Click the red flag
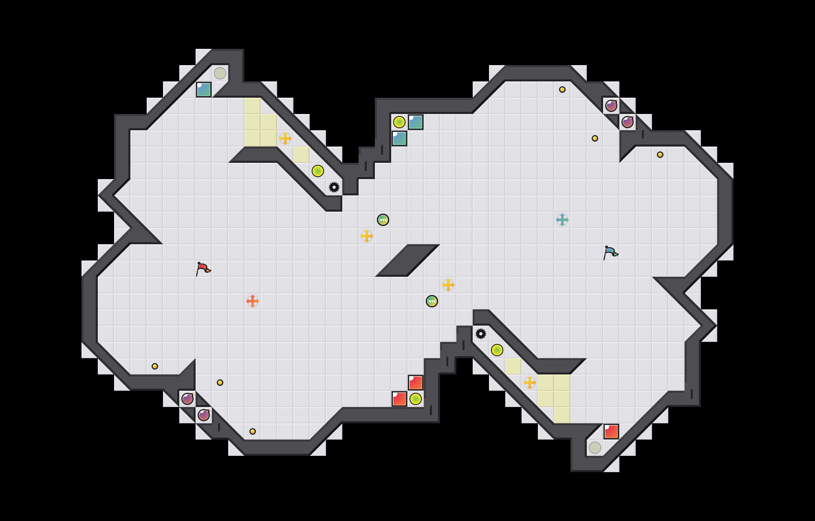(x=203, y=269)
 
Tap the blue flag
(x=610, y=252)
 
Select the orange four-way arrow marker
(x=253, y=301)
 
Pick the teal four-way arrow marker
(x=562, y=220)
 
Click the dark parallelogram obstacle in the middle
(x=407, y=260)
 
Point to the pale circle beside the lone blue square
(x=220, y=73)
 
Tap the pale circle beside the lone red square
(x=595, y=448)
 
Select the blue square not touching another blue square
(x=204, y=90)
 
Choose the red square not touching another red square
(x=611, y=431)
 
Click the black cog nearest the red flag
(x=334, y=187)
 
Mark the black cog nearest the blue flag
(x=481, y=334)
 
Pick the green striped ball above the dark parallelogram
(x=383, y=220)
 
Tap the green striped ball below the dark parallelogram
(x=432, y=301)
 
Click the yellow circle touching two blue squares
(x=399, y=122)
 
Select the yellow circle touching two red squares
(x=416, y=399)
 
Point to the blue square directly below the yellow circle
(x=399, y=138)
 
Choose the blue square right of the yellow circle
(x=416, y=122)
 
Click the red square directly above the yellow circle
(x=416, y=383)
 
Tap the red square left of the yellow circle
(x=399, y=399)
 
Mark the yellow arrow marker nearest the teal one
(x=448, y=285)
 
